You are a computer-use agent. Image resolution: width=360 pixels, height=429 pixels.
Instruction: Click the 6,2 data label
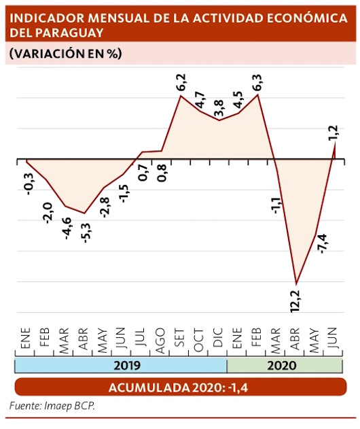[x=181, y=82]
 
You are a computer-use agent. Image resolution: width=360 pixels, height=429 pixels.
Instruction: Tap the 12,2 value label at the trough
[x=295, y=301]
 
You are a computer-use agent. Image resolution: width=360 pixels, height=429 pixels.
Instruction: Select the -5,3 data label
[x=87, y=233]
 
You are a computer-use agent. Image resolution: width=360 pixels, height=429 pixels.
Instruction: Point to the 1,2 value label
[x=334, y=133]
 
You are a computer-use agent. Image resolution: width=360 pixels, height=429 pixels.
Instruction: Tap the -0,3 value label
[x=29, y=184]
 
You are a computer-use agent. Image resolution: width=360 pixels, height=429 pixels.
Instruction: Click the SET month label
[x=179, y=337]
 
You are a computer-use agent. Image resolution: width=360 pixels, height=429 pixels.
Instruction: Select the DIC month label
[x=217, y=337]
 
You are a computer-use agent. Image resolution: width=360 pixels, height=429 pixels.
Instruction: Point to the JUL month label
[x=141, y=337]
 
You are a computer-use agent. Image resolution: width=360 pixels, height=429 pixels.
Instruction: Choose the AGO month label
[x=160, y=341]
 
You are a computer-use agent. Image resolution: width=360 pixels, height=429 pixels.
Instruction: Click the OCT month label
[x=199, y=339]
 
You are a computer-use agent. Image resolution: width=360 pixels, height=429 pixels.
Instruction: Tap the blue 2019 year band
[x=121, y=366]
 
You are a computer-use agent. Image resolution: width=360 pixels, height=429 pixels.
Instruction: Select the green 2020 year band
[x=285, y=366]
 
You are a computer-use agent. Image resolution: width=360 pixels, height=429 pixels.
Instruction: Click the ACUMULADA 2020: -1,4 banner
[x=181, y=387]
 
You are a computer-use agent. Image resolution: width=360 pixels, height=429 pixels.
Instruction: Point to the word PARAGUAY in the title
[x=70, y=33]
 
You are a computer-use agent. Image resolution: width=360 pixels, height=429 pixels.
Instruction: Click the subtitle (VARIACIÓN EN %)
[x=66, y=53]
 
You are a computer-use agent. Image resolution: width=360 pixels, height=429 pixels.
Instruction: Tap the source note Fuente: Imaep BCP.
[x=52, y=406]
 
